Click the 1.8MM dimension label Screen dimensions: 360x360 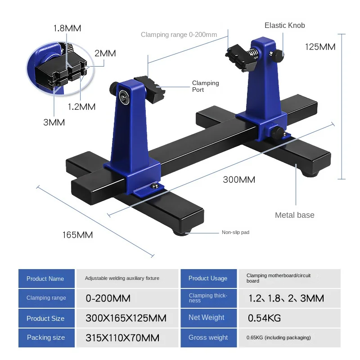tap(67, 28)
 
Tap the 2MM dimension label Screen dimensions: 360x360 tap(105, 53)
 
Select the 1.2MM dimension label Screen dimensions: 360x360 tap(81, 107)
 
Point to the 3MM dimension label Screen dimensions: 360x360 tap(54, 122)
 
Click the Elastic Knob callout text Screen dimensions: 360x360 tap(284, 25)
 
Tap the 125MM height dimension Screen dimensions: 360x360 tap(320, 47)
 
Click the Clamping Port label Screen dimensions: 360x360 tap(205, 86)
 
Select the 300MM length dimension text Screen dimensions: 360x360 tap(239, 180)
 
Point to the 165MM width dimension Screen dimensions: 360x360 tap(77, 234)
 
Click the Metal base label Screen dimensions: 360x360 tap(294, 215)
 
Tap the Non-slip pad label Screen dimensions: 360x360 tap(235, 233)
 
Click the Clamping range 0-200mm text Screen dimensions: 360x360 tap(179, 35)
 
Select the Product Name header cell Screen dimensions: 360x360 tap(45, 279)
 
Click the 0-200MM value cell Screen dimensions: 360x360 tap(108, 298)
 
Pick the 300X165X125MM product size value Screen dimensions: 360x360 tap(126, 319)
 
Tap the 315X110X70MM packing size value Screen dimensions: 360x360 tap(122, 338)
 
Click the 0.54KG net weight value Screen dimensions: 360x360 tap(265, 318)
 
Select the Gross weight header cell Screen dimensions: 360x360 tap(208, 337)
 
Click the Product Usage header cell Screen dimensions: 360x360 tap(208, 279)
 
